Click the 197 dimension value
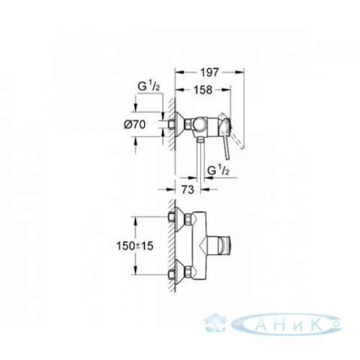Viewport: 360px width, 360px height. coord(210,72)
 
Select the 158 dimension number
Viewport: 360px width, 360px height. coord(203,90)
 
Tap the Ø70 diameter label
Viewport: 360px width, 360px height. coord(135,125)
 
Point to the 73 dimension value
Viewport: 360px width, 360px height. coord(188,189)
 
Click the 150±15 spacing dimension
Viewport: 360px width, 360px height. coord(135,246)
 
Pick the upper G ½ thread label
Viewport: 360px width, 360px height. coord(149,86)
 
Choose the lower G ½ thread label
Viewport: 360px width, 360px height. coord(218,171)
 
